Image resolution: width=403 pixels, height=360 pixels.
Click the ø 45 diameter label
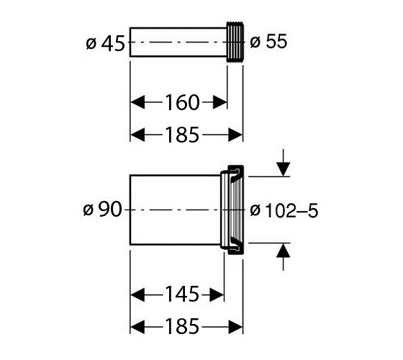pyautogui.click(x=105, y=43)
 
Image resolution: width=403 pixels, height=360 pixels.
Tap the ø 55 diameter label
pyautogui.click(x=268, y=41)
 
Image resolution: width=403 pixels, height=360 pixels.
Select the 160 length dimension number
pyautogui.click(x=182, y=102)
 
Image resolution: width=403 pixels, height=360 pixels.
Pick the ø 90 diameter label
pyautogui.click(x=102, y=210)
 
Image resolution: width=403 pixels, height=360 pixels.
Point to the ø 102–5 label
pyautogui.click(x=284, y=210)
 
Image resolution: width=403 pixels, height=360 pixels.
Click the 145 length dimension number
pyautogui.click(x=182, y=294)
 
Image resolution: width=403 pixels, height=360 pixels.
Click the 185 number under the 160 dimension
pyautogui.click(x=182, y=135)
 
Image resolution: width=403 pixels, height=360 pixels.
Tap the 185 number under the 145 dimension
pyautogui.click(x=182, y=326)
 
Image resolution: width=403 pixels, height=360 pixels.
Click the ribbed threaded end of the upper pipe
pyautogui.click(x=235, y=42)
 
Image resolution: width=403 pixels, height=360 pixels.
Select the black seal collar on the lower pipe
pyautogui.click(x=236, y=210)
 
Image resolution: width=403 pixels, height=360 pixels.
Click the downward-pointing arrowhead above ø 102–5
pyautogui.click(x=283, y=169)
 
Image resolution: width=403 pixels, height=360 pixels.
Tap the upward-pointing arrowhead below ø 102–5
pyautogui.click(x=283, y=251)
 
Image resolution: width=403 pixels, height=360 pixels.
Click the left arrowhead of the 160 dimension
pyautogui.click(x=137, y=102)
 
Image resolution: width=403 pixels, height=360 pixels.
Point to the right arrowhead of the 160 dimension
pyautogui.click(x=220, y=102)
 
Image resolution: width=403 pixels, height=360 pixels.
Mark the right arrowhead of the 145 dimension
pyautogui.click(x=217, y=294)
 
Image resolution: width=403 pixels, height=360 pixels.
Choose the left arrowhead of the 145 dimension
pyautogui.click(x=137, y=294)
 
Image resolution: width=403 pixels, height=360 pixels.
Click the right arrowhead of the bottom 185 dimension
pyautogui.click(x=236, y=327)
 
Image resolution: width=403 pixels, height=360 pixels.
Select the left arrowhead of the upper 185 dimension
pyautogui.click(x=137, y=135)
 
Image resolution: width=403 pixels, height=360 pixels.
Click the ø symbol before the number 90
pyautogui.click(x=88, y=210)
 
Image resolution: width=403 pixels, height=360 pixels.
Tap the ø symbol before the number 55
pyautogui.click(x=255, y=42)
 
